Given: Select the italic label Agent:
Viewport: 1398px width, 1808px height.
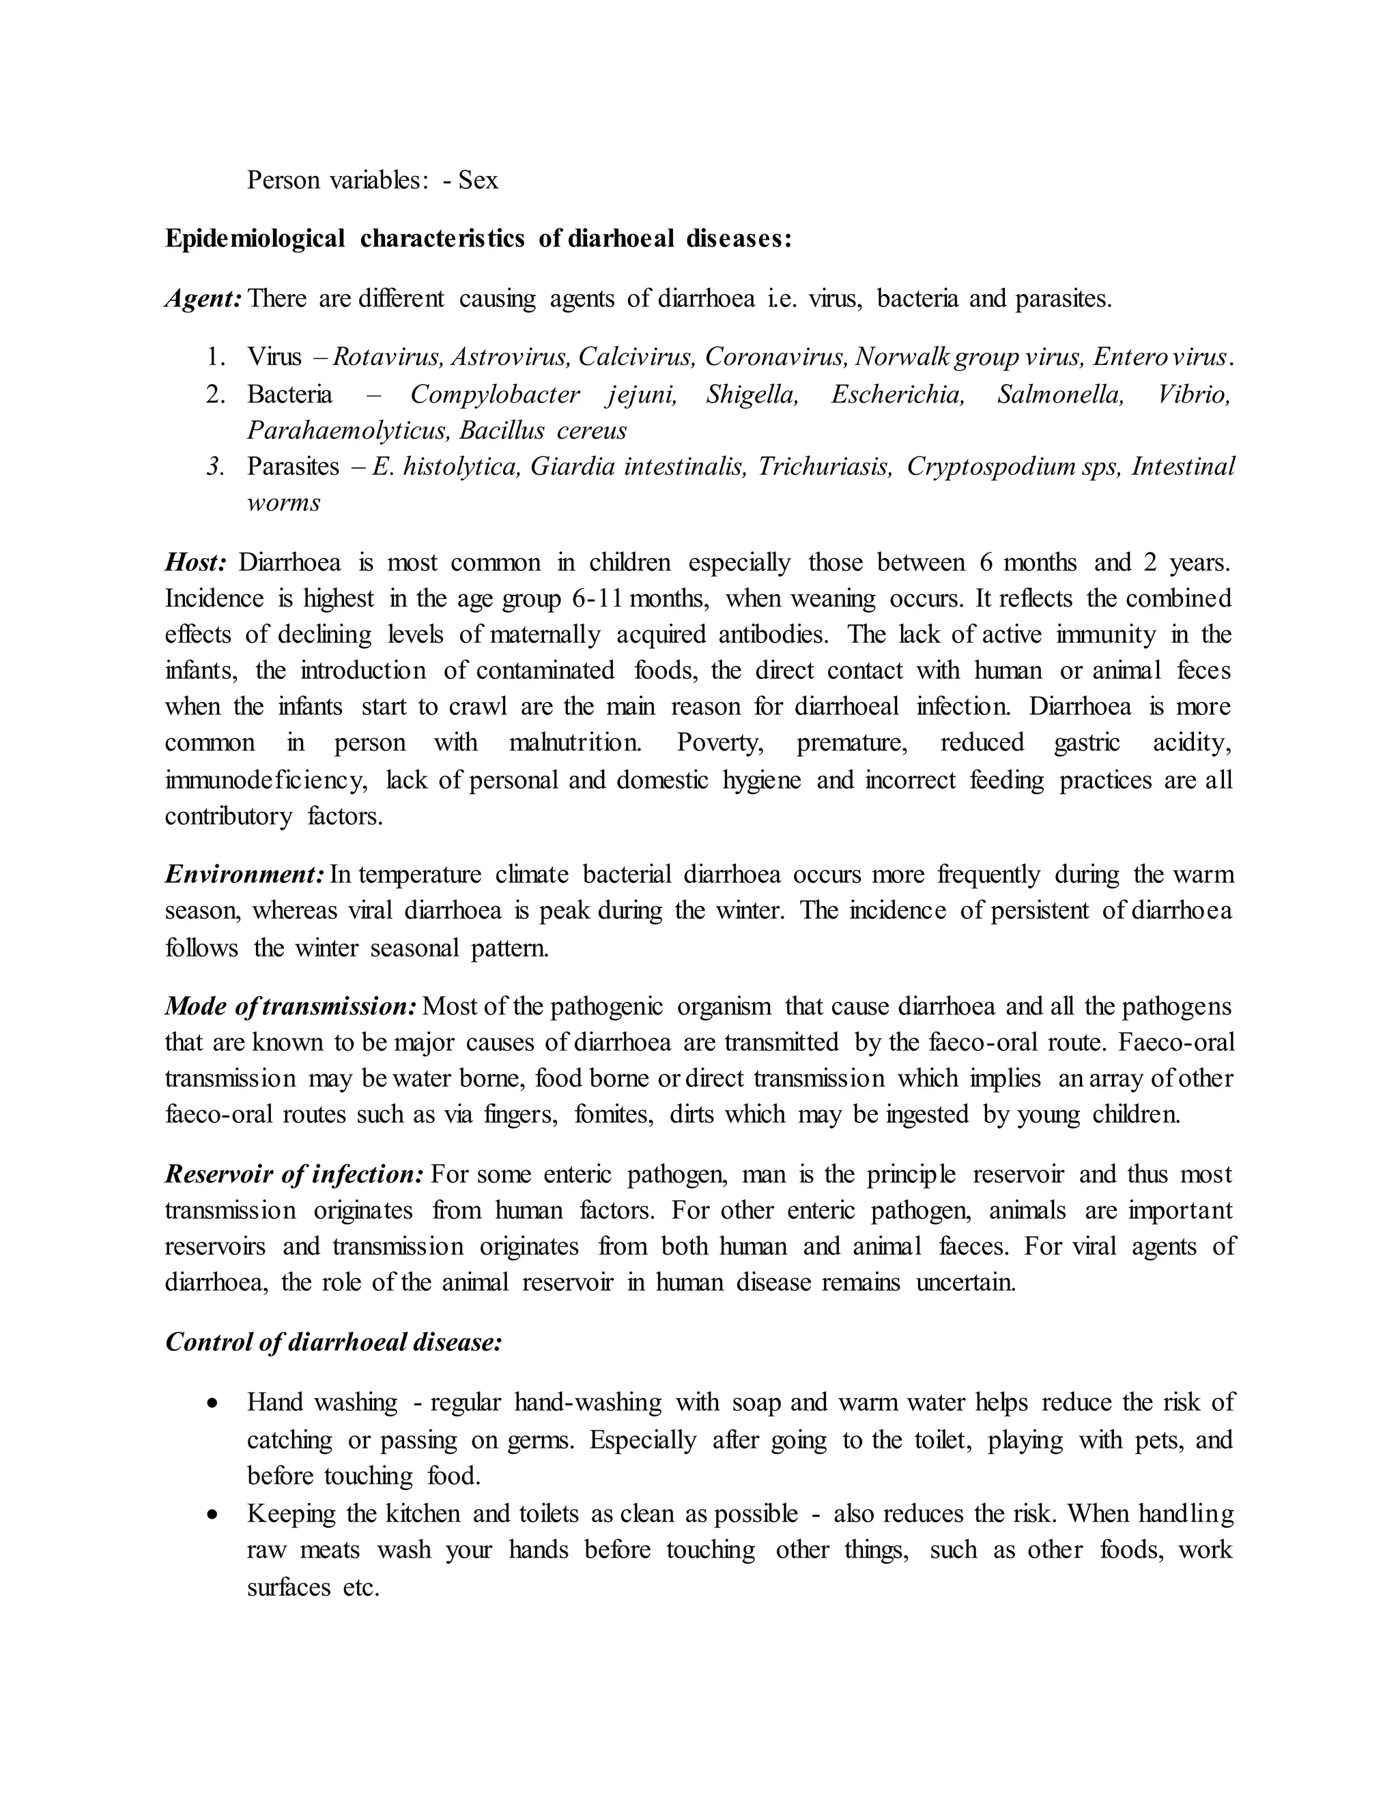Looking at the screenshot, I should (x=203, y=298).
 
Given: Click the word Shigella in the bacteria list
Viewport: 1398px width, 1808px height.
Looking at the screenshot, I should (x=752, y=394).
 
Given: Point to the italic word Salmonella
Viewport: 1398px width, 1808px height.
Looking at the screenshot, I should (x=1060, y=394).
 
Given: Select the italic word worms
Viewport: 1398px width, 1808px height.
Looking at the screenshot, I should (x=283, y=503).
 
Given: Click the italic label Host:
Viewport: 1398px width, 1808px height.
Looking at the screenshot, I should (x=195, y=563).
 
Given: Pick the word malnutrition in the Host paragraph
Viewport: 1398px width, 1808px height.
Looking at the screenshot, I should (x=575, y=742).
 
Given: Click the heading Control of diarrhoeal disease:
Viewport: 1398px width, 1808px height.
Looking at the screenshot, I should (x=334, y=1342).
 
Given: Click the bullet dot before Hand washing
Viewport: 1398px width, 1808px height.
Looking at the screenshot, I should (x=214, y=1404).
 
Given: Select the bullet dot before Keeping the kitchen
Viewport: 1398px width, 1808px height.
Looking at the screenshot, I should (x=214, y=1515).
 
